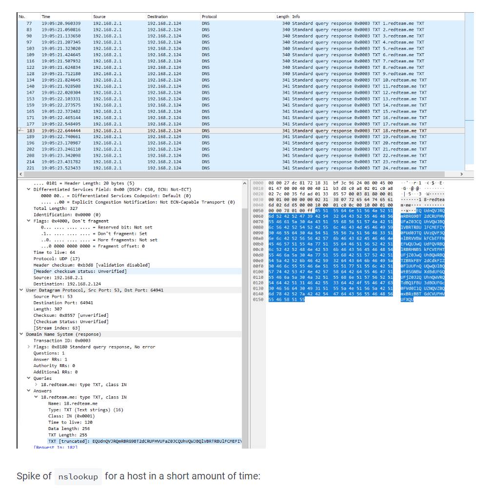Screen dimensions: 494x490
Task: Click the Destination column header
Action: click(157, 17)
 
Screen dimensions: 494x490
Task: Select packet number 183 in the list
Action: click(30, 131)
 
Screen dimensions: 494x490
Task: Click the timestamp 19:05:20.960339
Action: click(61, 23)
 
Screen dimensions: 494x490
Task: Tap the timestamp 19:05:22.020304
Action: click(61, 93)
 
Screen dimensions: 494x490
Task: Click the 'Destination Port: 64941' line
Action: click(60, 303)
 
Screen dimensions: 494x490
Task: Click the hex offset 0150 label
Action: click(259, 300)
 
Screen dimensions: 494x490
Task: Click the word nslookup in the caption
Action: click(78, 476)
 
